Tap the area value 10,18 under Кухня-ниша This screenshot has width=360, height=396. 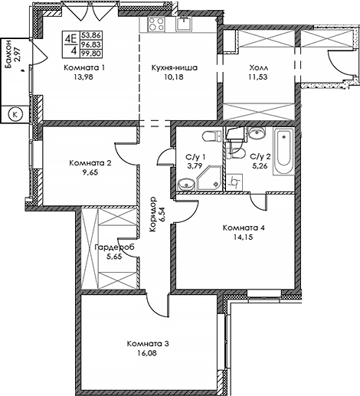point(174,77)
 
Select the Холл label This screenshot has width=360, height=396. point(259,68)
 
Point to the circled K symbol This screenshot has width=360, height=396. point(15,114)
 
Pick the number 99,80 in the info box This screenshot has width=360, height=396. point(91,54)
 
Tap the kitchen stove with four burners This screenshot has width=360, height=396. point(156,24)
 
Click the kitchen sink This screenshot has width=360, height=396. point(184,24)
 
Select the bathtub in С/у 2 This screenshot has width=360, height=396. point(283,151)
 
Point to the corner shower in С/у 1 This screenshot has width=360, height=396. point(210,178)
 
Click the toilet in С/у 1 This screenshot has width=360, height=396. point(212,136)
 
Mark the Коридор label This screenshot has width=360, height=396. point(158,214)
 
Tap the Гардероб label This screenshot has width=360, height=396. point(114,247)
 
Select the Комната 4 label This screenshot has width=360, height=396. point(244,227)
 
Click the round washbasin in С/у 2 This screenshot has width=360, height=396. point(257,133)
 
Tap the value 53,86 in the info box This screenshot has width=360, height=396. point(91,34)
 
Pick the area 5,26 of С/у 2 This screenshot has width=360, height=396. point(259,166)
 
